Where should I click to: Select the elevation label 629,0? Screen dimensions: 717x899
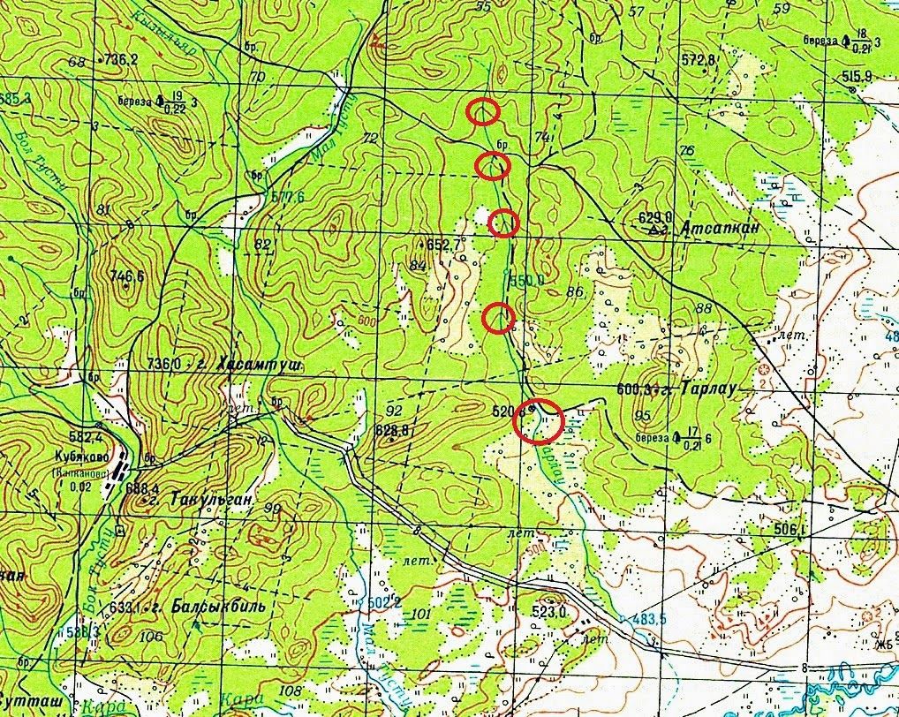pos(655,217)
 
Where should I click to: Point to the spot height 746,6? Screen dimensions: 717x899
pos(127,276)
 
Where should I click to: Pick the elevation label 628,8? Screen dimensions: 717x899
pos(392,431)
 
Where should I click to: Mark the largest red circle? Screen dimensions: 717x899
pos(539,420)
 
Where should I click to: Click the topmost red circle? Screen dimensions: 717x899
pos(483,112)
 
